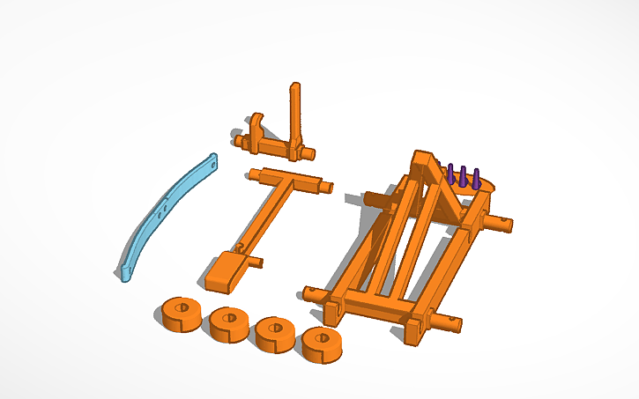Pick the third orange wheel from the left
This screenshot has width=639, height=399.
276,333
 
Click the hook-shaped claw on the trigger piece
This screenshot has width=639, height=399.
256,125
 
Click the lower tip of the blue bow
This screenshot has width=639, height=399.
123,275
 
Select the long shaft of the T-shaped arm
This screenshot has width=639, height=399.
264,221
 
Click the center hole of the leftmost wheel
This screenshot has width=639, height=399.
182,308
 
